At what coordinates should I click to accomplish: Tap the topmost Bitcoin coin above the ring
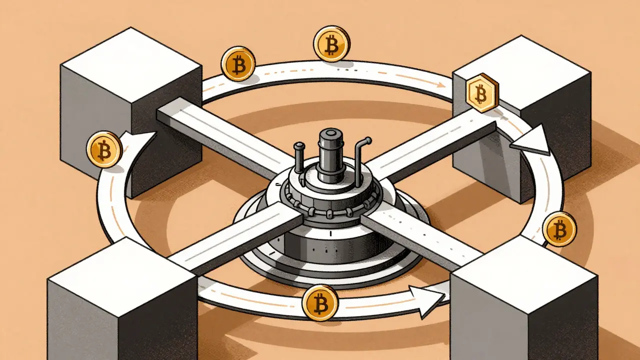click(331, 44)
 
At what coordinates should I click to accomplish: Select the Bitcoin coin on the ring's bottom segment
click(320, 302)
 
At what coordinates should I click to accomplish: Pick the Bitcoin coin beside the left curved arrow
click(104, 148)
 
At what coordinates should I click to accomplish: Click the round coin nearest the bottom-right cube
click(559, 229)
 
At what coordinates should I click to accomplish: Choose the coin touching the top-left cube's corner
click(238, 63)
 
